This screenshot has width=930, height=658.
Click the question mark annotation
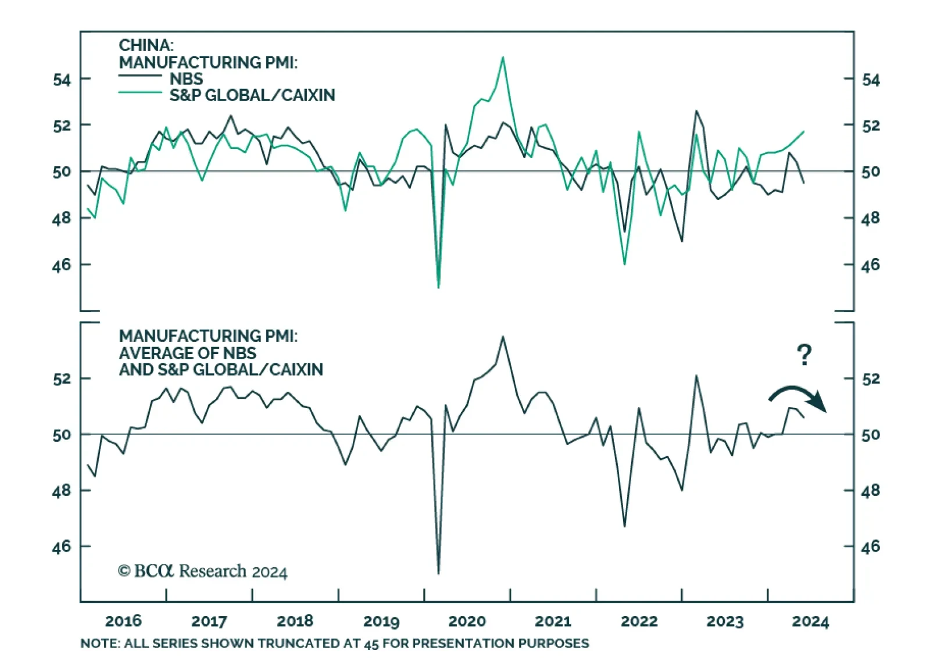pos(804,355)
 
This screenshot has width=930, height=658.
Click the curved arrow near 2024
pos(797,398)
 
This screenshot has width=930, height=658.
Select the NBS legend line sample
pos(140,76)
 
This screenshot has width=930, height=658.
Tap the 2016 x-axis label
pos(123,621)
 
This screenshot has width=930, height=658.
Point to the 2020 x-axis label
pos(467,621)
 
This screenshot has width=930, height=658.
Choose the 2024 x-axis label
pos(810,621)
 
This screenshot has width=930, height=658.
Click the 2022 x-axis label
pos(639,621)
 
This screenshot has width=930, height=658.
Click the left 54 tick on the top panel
pos(62,79)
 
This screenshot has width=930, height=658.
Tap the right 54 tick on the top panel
pos(870,79)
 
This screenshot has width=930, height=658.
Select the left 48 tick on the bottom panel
pos(62,491)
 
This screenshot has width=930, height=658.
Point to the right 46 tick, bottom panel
pos(870,546)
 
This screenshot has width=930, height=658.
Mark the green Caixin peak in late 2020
pos(503,58)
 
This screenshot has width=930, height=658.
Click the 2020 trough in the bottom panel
pos(438,573)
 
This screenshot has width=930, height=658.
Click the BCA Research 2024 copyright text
pos(203,571)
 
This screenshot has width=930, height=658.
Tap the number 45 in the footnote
pos(371,643)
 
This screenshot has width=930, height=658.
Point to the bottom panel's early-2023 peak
pos(696,376)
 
